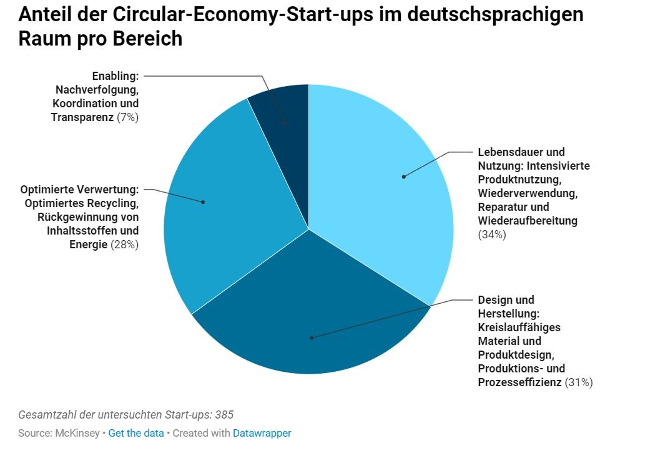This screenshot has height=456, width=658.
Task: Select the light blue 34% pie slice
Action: [381, 187]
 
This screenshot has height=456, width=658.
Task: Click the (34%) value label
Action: [492, 235]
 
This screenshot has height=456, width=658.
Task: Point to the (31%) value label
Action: [579, 382]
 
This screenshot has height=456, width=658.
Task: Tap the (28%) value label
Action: [125, 245]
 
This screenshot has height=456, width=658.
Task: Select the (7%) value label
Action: [128, 117]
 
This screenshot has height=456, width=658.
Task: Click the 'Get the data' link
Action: [136, 433]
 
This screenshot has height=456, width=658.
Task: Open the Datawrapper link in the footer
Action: [262, 433]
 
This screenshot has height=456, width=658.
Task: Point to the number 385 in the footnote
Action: [224, 415]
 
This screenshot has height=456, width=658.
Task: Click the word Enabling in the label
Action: [115, 76]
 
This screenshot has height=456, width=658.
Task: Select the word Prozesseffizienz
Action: [520, 382]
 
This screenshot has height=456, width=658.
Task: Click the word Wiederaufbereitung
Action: [528, 221]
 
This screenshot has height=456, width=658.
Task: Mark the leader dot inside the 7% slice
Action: [285, 124]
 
